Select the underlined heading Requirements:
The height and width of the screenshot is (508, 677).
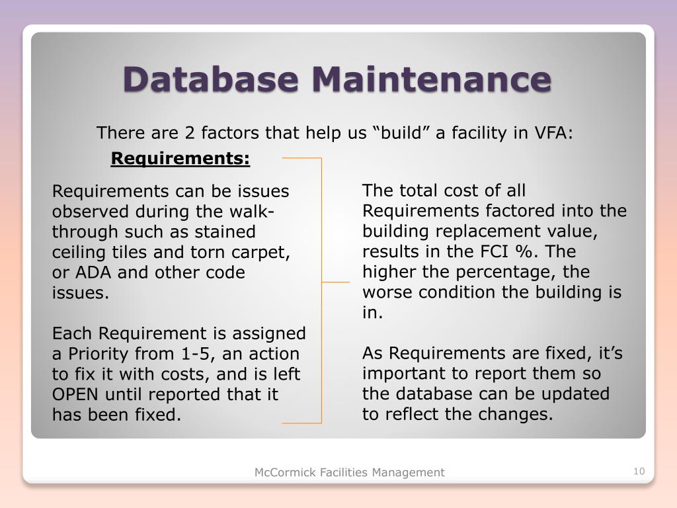pyautogui.click(x=180, y=159)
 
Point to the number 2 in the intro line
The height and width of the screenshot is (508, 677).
pyautogui.click(x=189, y=133)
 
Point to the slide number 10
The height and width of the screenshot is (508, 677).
pyautogui.click(x=638, y=472)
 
